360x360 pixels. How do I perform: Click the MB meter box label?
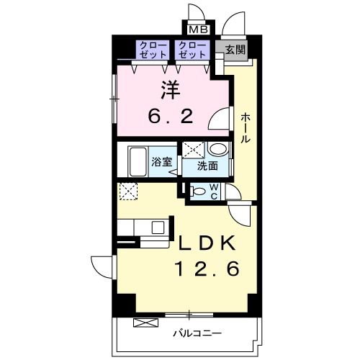199,30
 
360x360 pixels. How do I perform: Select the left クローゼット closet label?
153,50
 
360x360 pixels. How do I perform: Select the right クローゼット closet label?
192,50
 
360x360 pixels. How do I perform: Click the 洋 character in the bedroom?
171,89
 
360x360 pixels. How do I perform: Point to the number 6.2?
171,117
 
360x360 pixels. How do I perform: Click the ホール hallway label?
246,128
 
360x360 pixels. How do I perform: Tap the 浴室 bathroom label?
162,162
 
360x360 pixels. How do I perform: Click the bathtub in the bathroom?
138,161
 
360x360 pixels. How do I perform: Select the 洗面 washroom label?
207,166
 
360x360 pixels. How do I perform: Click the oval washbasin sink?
218,149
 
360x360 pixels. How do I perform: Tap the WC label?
214,192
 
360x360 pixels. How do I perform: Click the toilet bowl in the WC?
197,192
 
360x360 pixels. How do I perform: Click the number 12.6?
208,269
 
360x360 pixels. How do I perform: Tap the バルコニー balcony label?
197,333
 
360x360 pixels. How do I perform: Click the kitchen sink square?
158,227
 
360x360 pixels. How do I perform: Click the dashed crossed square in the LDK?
128,192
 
